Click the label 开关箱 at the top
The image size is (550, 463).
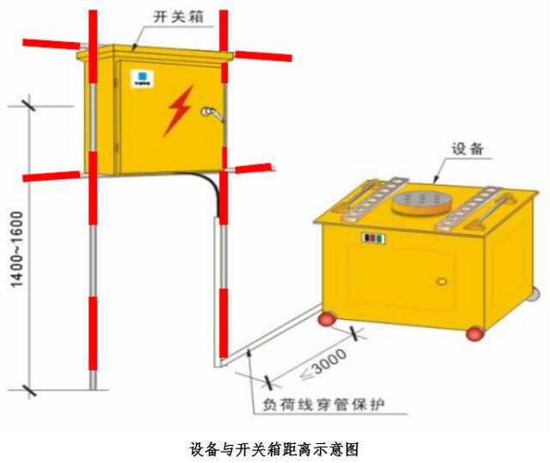tap(178, 17)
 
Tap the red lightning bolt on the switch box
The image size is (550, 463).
tap(179, 111)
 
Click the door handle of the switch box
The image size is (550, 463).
tap(212, 114)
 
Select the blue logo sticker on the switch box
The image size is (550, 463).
tap(142, 78)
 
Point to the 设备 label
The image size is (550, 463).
tap(467, 149)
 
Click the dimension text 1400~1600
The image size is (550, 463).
tap(17, 250)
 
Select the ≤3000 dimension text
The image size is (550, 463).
tap(323, 363)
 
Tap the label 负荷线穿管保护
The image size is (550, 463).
tap(323, 404)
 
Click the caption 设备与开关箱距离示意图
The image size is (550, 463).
tap(274, 449)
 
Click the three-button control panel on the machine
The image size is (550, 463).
tap(374, 238)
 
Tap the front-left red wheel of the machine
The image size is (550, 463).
tap(327, 319)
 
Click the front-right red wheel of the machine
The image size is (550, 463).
tap(475, 333)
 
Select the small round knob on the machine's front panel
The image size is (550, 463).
tap(442, 281)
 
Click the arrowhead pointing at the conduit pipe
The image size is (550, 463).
tap(249, 352)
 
